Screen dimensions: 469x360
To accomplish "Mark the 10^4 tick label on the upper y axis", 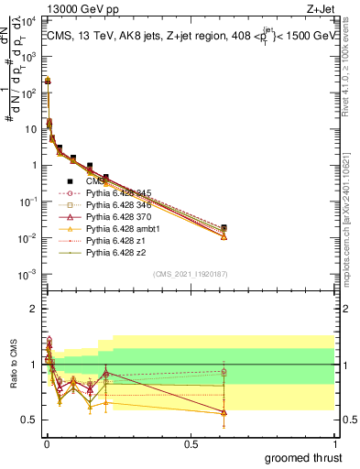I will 27,20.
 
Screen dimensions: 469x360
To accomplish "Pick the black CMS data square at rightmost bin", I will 224,227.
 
